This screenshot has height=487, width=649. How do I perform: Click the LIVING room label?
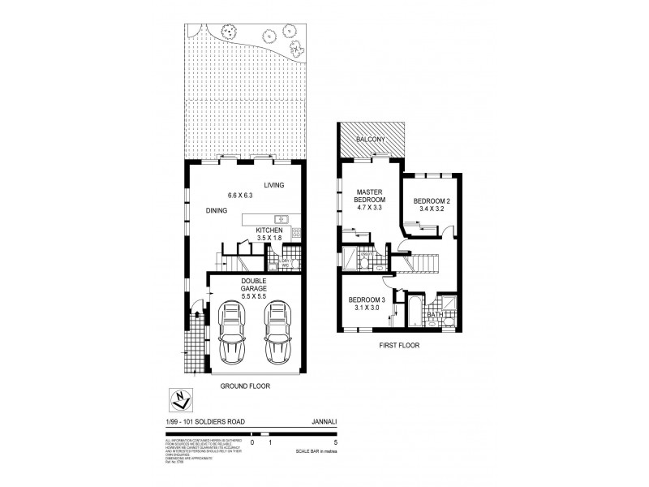[x=273, y=186]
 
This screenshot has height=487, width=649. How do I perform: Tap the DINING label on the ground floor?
[x=216, y=210]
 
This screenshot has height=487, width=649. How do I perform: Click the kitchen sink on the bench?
[x=282, y=218]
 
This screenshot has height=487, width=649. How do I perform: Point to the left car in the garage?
[x=231, y=333]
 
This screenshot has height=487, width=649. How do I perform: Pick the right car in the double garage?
[x=278, y=333]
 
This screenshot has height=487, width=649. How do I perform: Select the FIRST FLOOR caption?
[x=398, y=343]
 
